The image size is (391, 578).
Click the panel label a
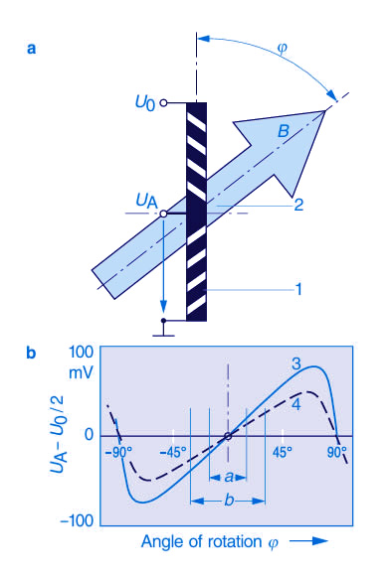pos(32,49)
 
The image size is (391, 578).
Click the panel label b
pos(32,353)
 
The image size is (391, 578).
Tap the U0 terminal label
pos(145,103)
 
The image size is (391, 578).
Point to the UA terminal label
pos(147,202)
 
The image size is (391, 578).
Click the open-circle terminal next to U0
pos(163,103)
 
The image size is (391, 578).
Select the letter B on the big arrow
pos(284,131)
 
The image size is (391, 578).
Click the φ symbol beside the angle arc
pos(282,49)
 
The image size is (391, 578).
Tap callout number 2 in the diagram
pos(298,205)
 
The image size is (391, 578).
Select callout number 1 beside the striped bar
pos(298,289)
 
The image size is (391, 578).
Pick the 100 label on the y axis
pos(82,353)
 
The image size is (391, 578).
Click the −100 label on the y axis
pos(77,520)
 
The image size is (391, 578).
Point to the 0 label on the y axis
pos(89,435)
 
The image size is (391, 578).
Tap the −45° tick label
pos(173,452)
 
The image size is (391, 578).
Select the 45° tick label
pos(283,452)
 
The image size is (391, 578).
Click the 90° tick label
pos(337,452)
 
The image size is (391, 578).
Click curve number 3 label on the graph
pos(296,364)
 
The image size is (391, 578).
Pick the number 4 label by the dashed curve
pos(296,404)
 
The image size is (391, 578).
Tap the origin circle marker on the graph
pos(228,436)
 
